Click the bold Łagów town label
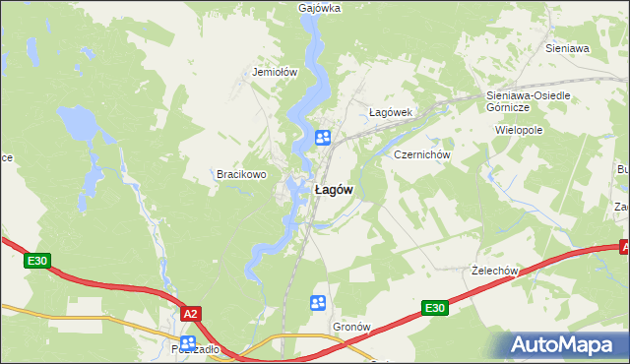click(333, 190)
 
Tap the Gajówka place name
click(319, 8)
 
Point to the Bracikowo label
click(242, 174)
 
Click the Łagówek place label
click(389, 112)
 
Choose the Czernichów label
click(421, 154)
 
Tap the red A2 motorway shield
click(191, 313)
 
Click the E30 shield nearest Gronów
click(435, 308)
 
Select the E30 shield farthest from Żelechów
click(36, 261)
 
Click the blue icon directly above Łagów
click(322, 138)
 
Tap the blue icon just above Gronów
click(319, 303)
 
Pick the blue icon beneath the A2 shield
click(187, 342)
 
